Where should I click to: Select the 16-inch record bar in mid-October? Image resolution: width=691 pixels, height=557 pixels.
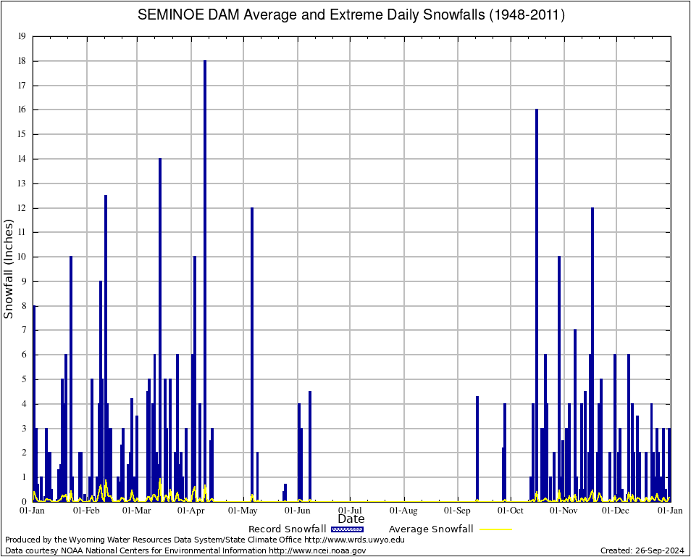tap(537, 305)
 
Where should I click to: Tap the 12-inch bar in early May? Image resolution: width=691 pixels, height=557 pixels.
tap(252, 355)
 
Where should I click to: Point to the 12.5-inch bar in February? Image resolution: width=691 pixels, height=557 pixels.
tap(106, 348)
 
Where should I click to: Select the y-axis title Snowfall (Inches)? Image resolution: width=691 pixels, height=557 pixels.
tap(9, 269)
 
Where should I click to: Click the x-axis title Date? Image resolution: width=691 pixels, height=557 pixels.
tap(351, 519)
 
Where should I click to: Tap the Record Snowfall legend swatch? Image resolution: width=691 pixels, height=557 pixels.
tap(348, 529)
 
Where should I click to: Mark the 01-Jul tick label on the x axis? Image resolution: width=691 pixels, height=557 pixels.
tap(351, 511)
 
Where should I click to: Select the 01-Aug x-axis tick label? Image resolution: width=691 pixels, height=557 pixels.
tap(404, 511)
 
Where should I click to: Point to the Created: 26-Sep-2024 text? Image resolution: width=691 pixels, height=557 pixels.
tap(642, 550)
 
